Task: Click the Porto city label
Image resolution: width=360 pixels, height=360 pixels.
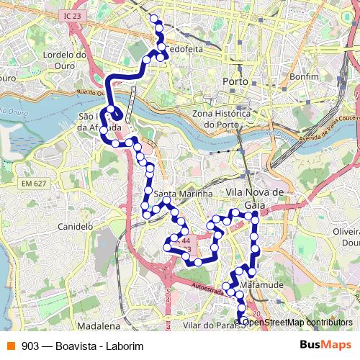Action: pyautogui.click(x=235, y=81)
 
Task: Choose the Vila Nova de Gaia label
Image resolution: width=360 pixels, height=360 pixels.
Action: pyautogui.click(x=256, y=198)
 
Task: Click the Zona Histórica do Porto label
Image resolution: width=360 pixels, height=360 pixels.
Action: pyautogui.click(x=222, y=119)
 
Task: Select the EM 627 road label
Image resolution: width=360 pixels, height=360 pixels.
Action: pyautogui.click(x=32, y=184)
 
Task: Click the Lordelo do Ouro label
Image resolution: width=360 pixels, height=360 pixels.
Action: pyautogui.click(x=65, y=59)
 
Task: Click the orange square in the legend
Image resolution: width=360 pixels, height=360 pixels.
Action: pyautogui.click(x=10, y=346)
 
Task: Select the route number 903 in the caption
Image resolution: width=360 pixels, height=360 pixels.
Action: pyautogui.click(x=30, y=346)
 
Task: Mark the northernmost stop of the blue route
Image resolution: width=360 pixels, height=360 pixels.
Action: pyautogui.click(x=153, y=17)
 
